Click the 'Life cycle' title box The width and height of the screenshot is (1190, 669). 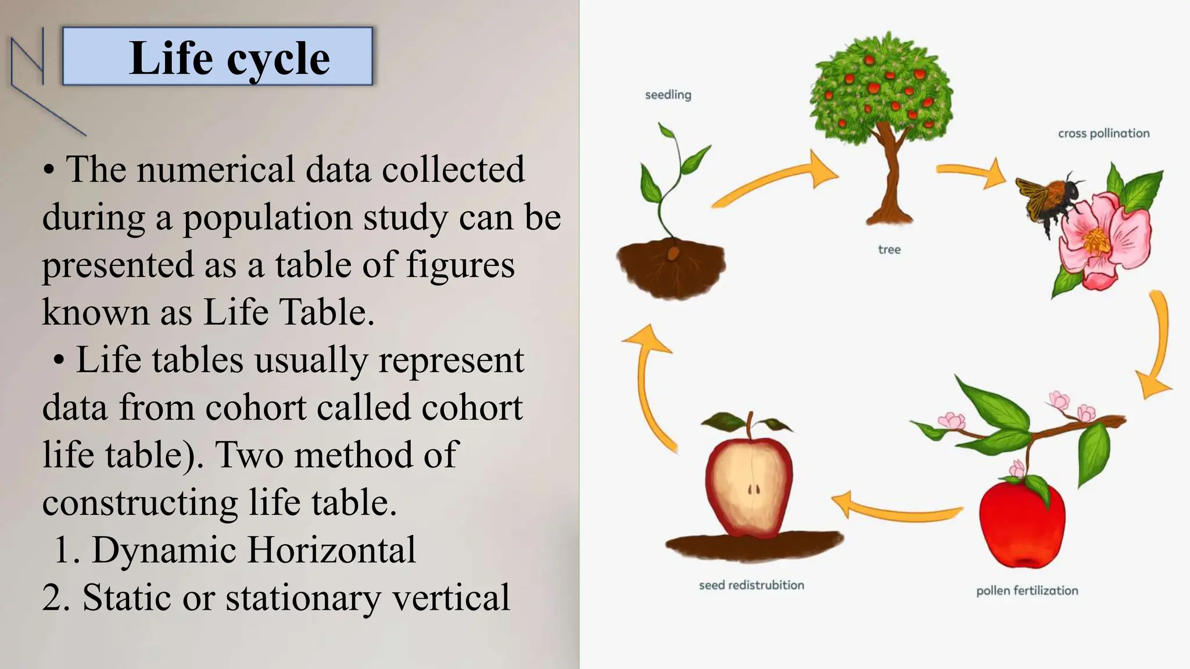[217, 57]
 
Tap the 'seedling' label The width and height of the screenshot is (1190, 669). [668, 95]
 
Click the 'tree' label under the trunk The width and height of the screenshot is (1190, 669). [889, 250]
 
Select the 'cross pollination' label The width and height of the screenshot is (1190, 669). [1103, 134]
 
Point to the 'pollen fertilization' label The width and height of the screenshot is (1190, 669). [1027, 591]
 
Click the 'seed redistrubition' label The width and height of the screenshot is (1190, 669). [751, 585]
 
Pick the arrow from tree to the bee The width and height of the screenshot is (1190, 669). [970, 172]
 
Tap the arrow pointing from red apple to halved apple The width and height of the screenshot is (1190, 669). [895, 508]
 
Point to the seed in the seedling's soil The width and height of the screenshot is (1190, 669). [673, 254]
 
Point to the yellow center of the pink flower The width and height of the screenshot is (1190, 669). [1097, 240]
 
